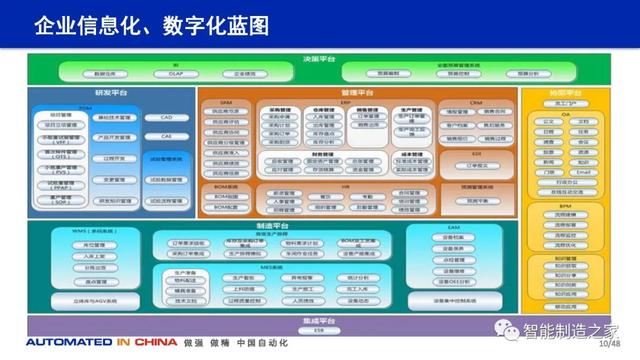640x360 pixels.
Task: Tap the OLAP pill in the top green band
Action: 176,73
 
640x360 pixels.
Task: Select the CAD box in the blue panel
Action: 166,118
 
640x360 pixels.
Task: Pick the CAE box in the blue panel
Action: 166,136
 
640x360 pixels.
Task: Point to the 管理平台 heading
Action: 357,92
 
